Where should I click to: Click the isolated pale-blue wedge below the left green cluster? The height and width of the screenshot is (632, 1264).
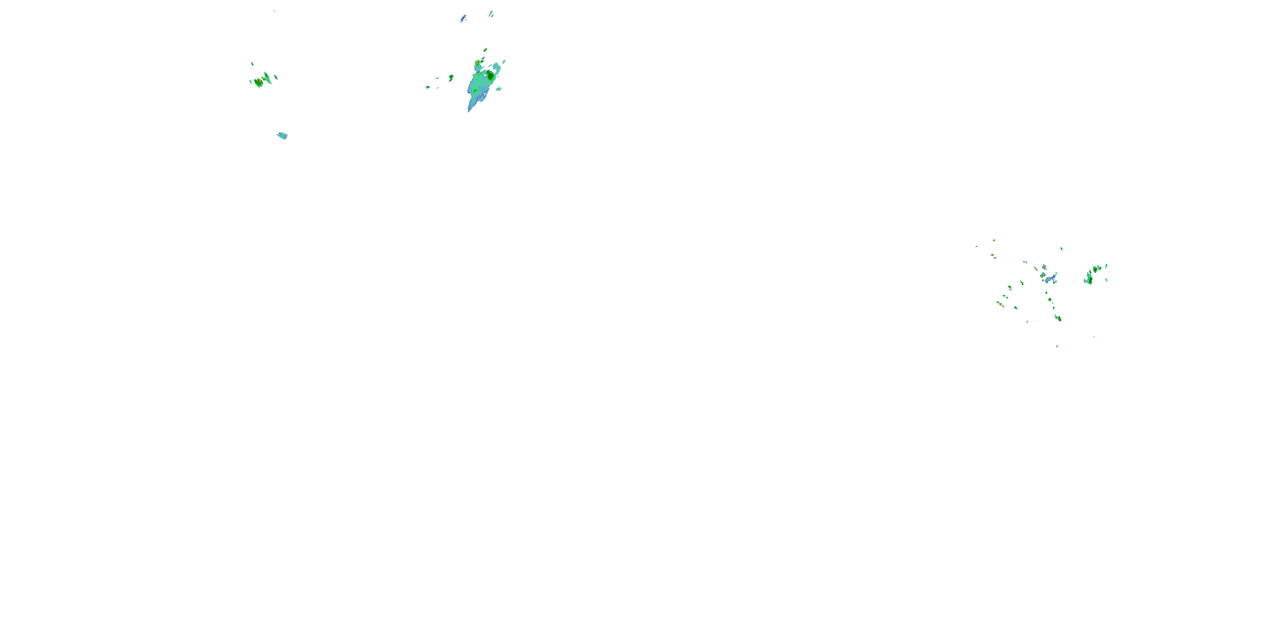point(282,135)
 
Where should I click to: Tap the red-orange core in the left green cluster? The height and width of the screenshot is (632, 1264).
point(257,81)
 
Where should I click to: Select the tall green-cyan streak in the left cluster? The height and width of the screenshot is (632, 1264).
point(267,77)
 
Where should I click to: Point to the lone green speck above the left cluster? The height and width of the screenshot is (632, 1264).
point(252,63)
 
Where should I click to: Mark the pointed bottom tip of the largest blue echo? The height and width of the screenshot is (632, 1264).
point(469,110)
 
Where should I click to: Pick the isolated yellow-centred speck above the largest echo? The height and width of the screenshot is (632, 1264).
point(485,50)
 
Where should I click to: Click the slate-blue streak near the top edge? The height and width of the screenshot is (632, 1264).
point(463,19)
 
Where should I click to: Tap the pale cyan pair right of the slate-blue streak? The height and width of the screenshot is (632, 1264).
point(491,14)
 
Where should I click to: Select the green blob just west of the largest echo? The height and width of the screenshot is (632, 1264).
point(451,77)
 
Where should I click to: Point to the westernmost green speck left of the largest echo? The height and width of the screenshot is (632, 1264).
point(427,87)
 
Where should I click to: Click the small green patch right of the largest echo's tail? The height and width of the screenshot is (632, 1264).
point(498,89)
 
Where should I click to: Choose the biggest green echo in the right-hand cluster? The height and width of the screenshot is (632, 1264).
point(1089,278)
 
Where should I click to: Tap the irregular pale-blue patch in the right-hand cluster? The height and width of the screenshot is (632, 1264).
point(1050,279)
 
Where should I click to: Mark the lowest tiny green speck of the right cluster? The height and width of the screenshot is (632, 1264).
point(1057,346)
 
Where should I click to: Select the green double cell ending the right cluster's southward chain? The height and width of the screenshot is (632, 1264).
point(1058,318)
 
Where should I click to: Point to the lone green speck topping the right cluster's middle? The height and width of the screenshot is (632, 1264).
point(1062,248)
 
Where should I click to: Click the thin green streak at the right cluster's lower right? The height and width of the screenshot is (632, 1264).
point(1094,337)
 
